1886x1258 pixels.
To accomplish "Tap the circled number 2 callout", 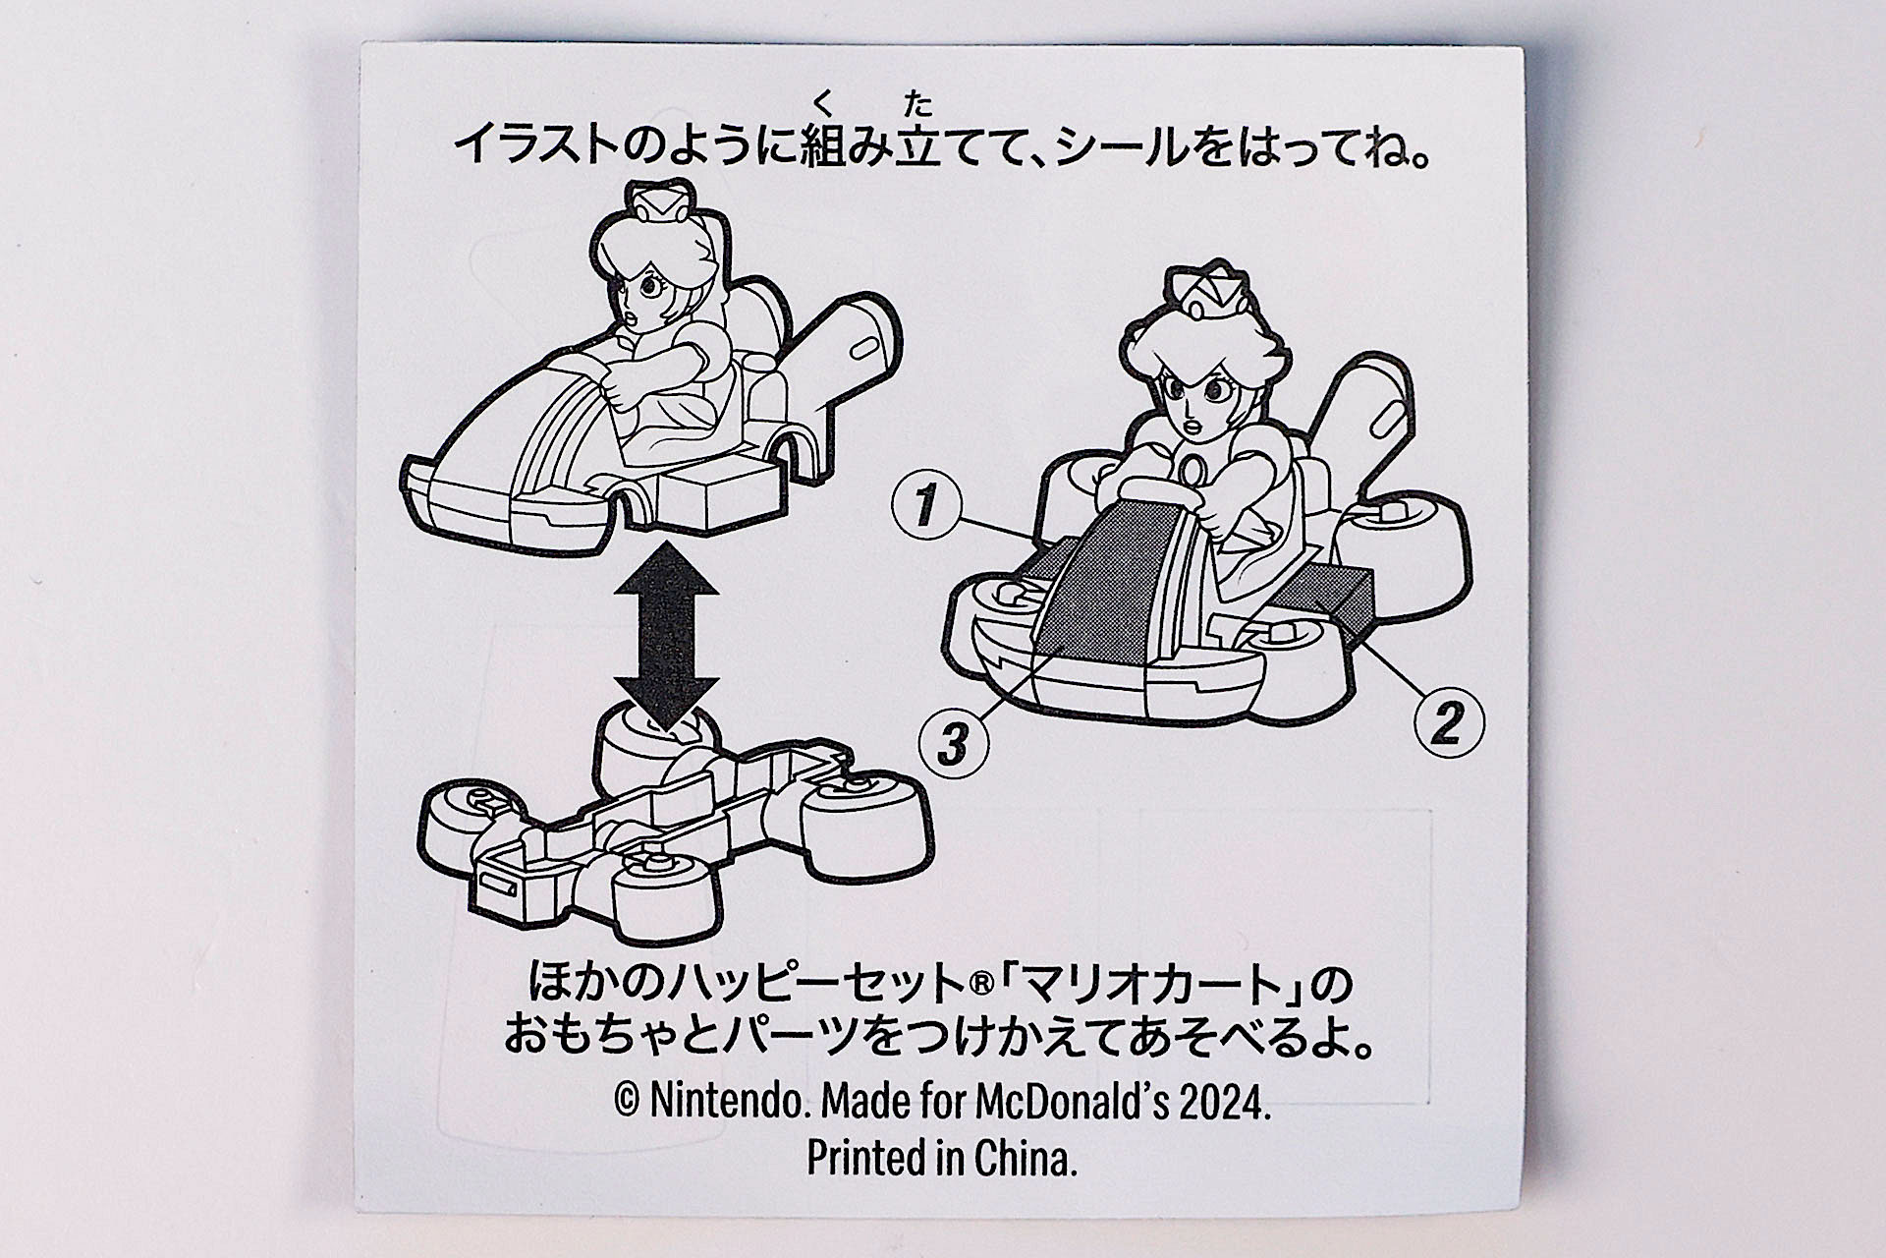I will [1448, 723].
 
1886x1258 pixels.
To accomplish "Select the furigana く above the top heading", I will [821, 100].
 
